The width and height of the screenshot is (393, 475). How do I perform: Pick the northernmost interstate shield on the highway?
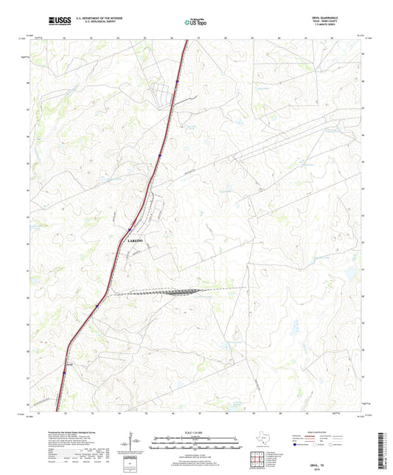(x=178, y=81)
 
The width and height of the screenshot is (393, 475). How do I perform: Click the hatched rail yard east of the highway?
(x=180, y=292)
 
